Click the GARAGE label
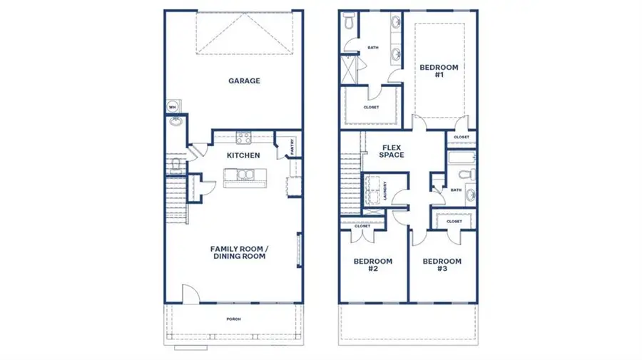pos(244,81)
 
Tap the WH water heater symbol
pos(172,107)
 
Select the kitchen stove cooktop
pos(243,138)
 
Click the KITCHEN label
pos(243,155)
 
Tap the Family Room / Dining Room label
pos(238,252)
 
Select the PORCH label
pos(233,319)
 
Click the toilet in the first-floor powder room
pos(175,166)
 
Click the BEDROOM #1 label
pos(439,71)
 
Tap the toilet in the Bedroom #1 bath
pos(348,23)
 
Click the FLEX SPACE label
pos(392,150)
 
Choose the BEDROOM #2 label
pos(373,265)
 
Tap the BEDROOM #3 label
pos(442,265)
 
